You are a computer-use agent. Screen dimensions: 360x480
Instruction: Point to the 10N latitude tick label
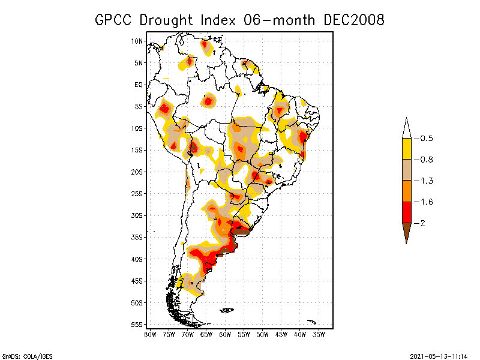(137, 41)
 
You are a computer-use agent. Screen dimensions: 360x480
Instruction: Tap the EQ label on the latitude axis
(139, 85)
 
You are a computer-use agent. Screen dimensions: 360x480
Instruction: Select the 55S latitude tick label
(137, 325)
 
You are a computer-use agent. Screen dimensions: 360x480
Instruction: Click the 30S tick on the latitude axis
(137, 215)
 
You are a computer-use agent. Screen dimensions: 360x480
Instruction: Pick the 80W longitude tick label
(149, 334)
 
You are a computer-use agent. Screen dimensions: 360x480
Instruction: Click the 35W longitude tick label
(319, 334)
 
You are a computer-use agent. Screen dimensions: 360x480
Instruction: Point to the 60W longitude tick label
(225, 334)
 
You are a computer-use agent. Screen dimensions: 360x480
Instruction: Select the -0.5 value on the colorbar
(424, 139)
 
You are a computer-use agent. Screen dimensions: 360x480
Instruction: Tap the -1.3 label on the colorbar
(424, 181)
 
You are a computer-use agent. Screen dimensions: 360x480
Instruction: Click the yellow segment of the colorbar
(406, 149)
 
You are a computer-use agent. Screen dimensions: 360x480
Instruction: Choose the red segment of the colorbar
(406, 212)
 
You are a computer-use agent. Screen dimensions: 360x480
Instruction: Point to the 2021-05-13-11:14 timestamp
(438, 356)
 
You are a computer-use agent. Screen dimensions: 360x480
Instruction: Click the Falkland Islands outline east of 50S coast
(226, 310)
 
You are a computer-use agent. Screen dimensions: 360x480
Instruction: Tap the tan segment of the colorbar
(406, 170)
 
